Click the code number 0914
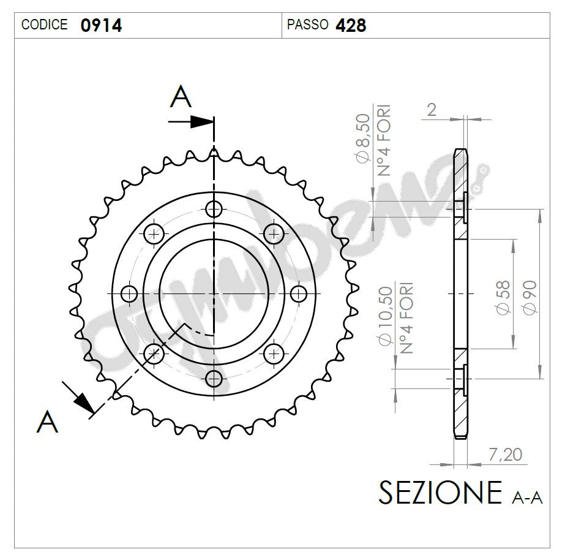[x=101, y=25]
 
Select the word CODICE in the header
[x=45, y=25]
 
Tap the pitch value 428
[x=351, y=25]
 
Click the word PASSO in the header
[x=308, y=25]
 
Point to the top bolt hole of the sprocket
[x=214, y=210]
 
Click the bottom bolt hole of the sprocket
[x=214, y=378]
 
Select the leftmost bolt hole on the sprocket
[x=129, y=294]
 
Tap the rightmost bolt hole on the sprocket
[x=298, y=294]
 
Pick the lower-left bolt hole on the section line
[x=154, y=353]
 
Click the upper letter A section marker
[x=181, y=97]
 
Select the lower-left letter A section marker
[x=48, y=422]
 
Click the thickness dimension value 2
[x=432, y=110]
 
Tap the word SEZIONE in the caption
[x=440, y=492]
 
